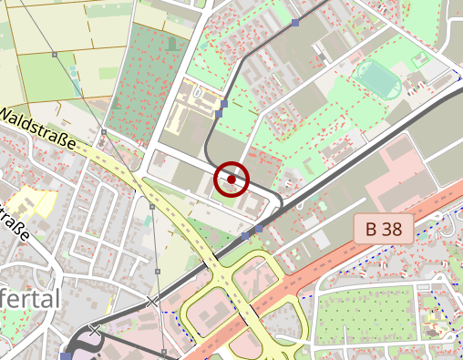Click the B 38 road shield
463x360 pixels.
click(383, 229)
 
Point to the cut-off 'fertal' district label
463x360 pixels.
click(31, 300)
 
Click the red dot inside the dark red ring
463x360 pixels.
click(231, 180)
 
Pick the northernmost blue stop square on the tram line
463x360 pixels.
click(294, 22)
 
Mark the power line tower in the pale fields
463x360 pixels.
click(55, 56)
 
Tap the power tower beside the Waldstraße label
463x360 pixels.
click(104, 133)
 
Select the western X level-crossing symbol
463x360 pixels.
click(95, 329)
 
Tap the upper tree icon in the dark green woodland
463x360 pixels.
click(171, 43)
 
